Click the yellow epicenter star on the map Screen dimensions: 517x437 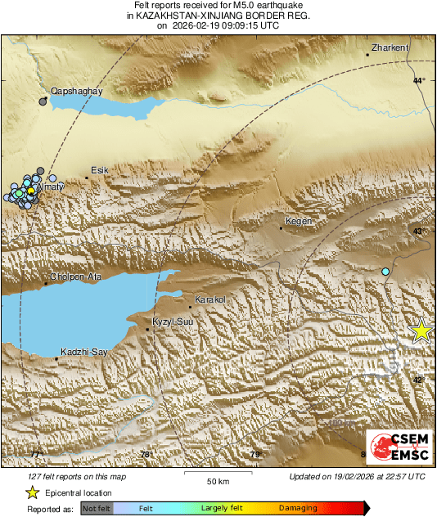421,330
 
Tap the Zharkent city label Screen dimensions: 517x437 390,48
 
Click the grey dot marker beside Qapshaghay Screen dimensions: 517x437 43,101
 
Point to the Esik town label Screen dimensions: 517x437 99,170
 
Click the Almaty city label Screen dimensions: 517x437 50,187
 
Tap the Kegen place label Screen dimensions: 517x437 297,222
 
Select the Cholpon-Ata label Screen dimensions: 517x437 76,276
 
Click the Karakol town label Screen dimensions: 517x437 209,300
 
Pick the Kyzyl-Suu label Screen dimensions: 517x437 173,322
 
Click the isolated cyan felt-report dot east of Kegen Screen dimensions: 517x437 386,271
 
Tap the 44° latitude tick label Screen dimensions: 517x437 419,80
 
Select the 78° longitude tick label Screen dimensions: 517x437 145,455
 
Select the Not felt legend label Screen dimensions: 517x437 97,509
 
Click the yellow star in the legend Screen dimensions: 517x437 32,492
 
